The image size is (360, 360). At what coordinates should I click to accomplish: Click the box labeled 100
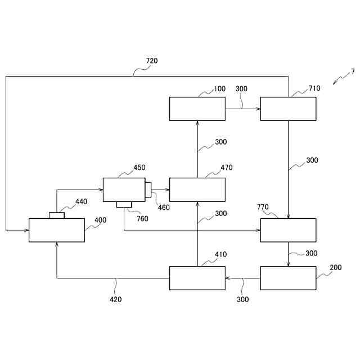point(197,109)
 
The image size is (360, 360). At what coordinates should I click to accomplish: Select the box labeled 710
point(288,109)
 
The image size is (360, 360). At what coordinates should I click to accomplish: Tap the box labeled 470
point(197,190)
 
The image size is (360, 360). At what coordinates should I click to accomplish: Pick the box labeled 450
point(124,190)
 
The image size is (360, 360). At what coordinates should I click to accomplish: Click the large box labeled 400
point(57,230)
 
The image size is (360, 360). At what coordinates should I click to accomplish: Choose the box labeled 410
point(197,278)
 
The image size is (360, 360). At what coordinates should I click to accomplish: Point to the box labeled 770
point(288,230)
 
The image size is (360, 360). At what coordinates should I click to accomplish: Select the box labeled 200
point(288,278)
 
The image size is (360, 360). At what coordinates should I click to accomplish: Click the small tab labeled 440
point(57,215)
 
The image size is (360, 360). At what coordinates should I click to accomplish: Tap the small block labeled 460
point(148,190)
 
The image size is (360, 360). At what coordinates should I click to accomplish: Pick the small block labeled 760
point(124,204)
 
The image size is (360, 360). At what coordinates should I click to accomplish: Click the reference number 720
point(152,61)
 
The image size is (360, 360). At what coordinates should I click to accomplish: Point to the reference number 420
point(116,299)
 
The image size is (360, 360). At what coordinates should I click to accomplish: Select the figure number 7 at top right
point(353,71)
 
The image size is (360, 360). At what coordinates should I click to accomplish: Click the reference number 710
point(314,89)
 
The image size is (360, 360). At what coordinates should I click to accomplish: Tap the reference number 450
point(139,167)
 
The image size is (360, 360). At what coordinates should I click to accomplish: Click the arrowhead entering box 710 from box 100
point(258,109)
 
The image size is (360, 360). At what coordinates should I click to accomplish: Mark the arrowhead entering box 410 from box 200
point(228,278)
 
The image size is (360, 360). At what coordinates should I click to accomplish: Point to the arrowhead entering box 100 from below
point(197,123)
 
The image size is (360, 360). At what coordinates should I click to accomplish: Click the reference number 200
point(335,267)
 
